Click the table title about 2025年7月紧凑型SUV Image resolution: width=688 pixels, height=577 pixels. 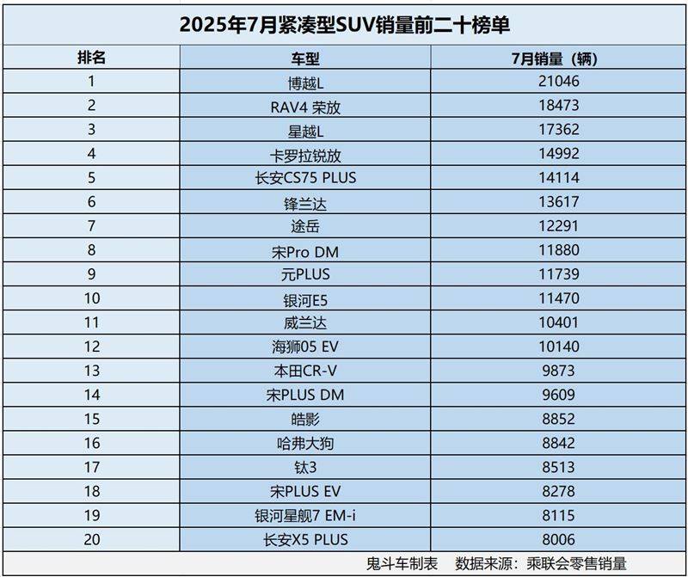[344, 23]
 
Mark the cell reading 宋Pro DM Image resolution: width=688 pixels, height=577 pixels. [304, 251]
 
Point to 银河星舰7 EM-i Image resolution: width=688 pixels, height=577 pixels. [304, 516]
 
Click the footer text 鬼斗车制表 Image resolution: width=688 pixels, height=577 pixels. [402, 563]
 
